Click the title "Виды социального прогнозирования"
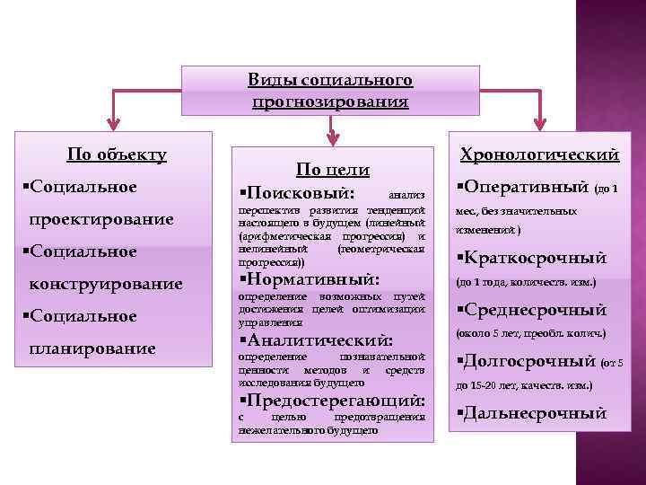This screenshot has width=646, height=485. point(330,91)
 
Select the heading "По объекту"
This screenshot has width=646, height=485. point(118,154)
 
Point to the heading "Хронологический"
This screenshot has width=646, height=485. point(539,154)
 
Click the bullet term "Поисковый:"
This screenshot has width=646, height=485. point(301,193)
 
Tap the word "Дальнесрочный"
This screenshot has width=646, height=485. point(535,414)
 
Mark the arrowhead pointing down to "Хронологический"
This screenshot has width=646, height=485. point(539,123)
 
